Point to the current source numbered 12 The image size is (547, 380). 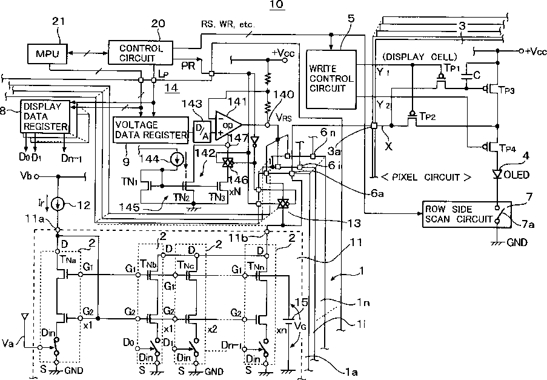click(x=58, y=203)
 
